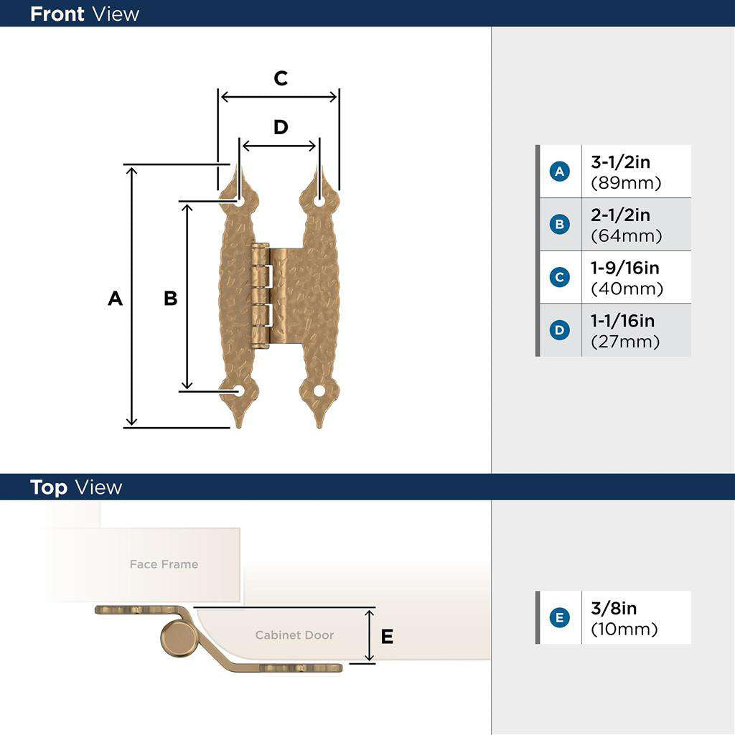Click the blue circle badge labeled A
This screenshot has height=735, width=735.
click(559, 172)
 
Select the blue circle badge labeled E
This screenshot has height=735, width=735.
click(559, 617)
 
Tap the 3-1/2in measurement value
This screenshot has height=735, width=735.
click(620, 162)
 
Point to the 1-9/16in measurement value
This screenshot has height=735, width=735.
click(624, 268)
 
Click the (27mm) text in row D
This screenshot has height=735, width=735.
click(625, 342)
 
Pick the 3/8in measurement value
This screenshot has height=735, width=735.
click(614, 608)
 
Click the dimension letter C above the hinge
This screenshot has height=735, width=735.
click(281, 78)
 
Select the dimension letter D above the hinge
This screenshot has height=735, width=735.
click(281, 127)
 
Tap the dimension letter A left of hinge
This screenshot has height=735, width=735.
click(115, 299)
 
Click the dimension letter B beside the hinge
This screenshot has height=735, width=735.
click(170, 299)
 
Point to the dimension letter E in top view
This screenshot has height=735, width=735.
click(387, 636)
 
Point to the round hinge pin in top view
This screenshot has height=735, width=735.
click(177, 638)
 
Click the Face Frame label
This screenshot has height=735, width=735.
click(164, 564)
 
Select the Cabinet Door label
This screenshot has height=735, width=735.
click(294, 635)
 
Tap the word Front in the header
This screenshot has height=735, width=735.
click(57, 14)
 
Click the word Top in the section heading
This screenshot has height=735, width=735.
click(49, 487)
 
